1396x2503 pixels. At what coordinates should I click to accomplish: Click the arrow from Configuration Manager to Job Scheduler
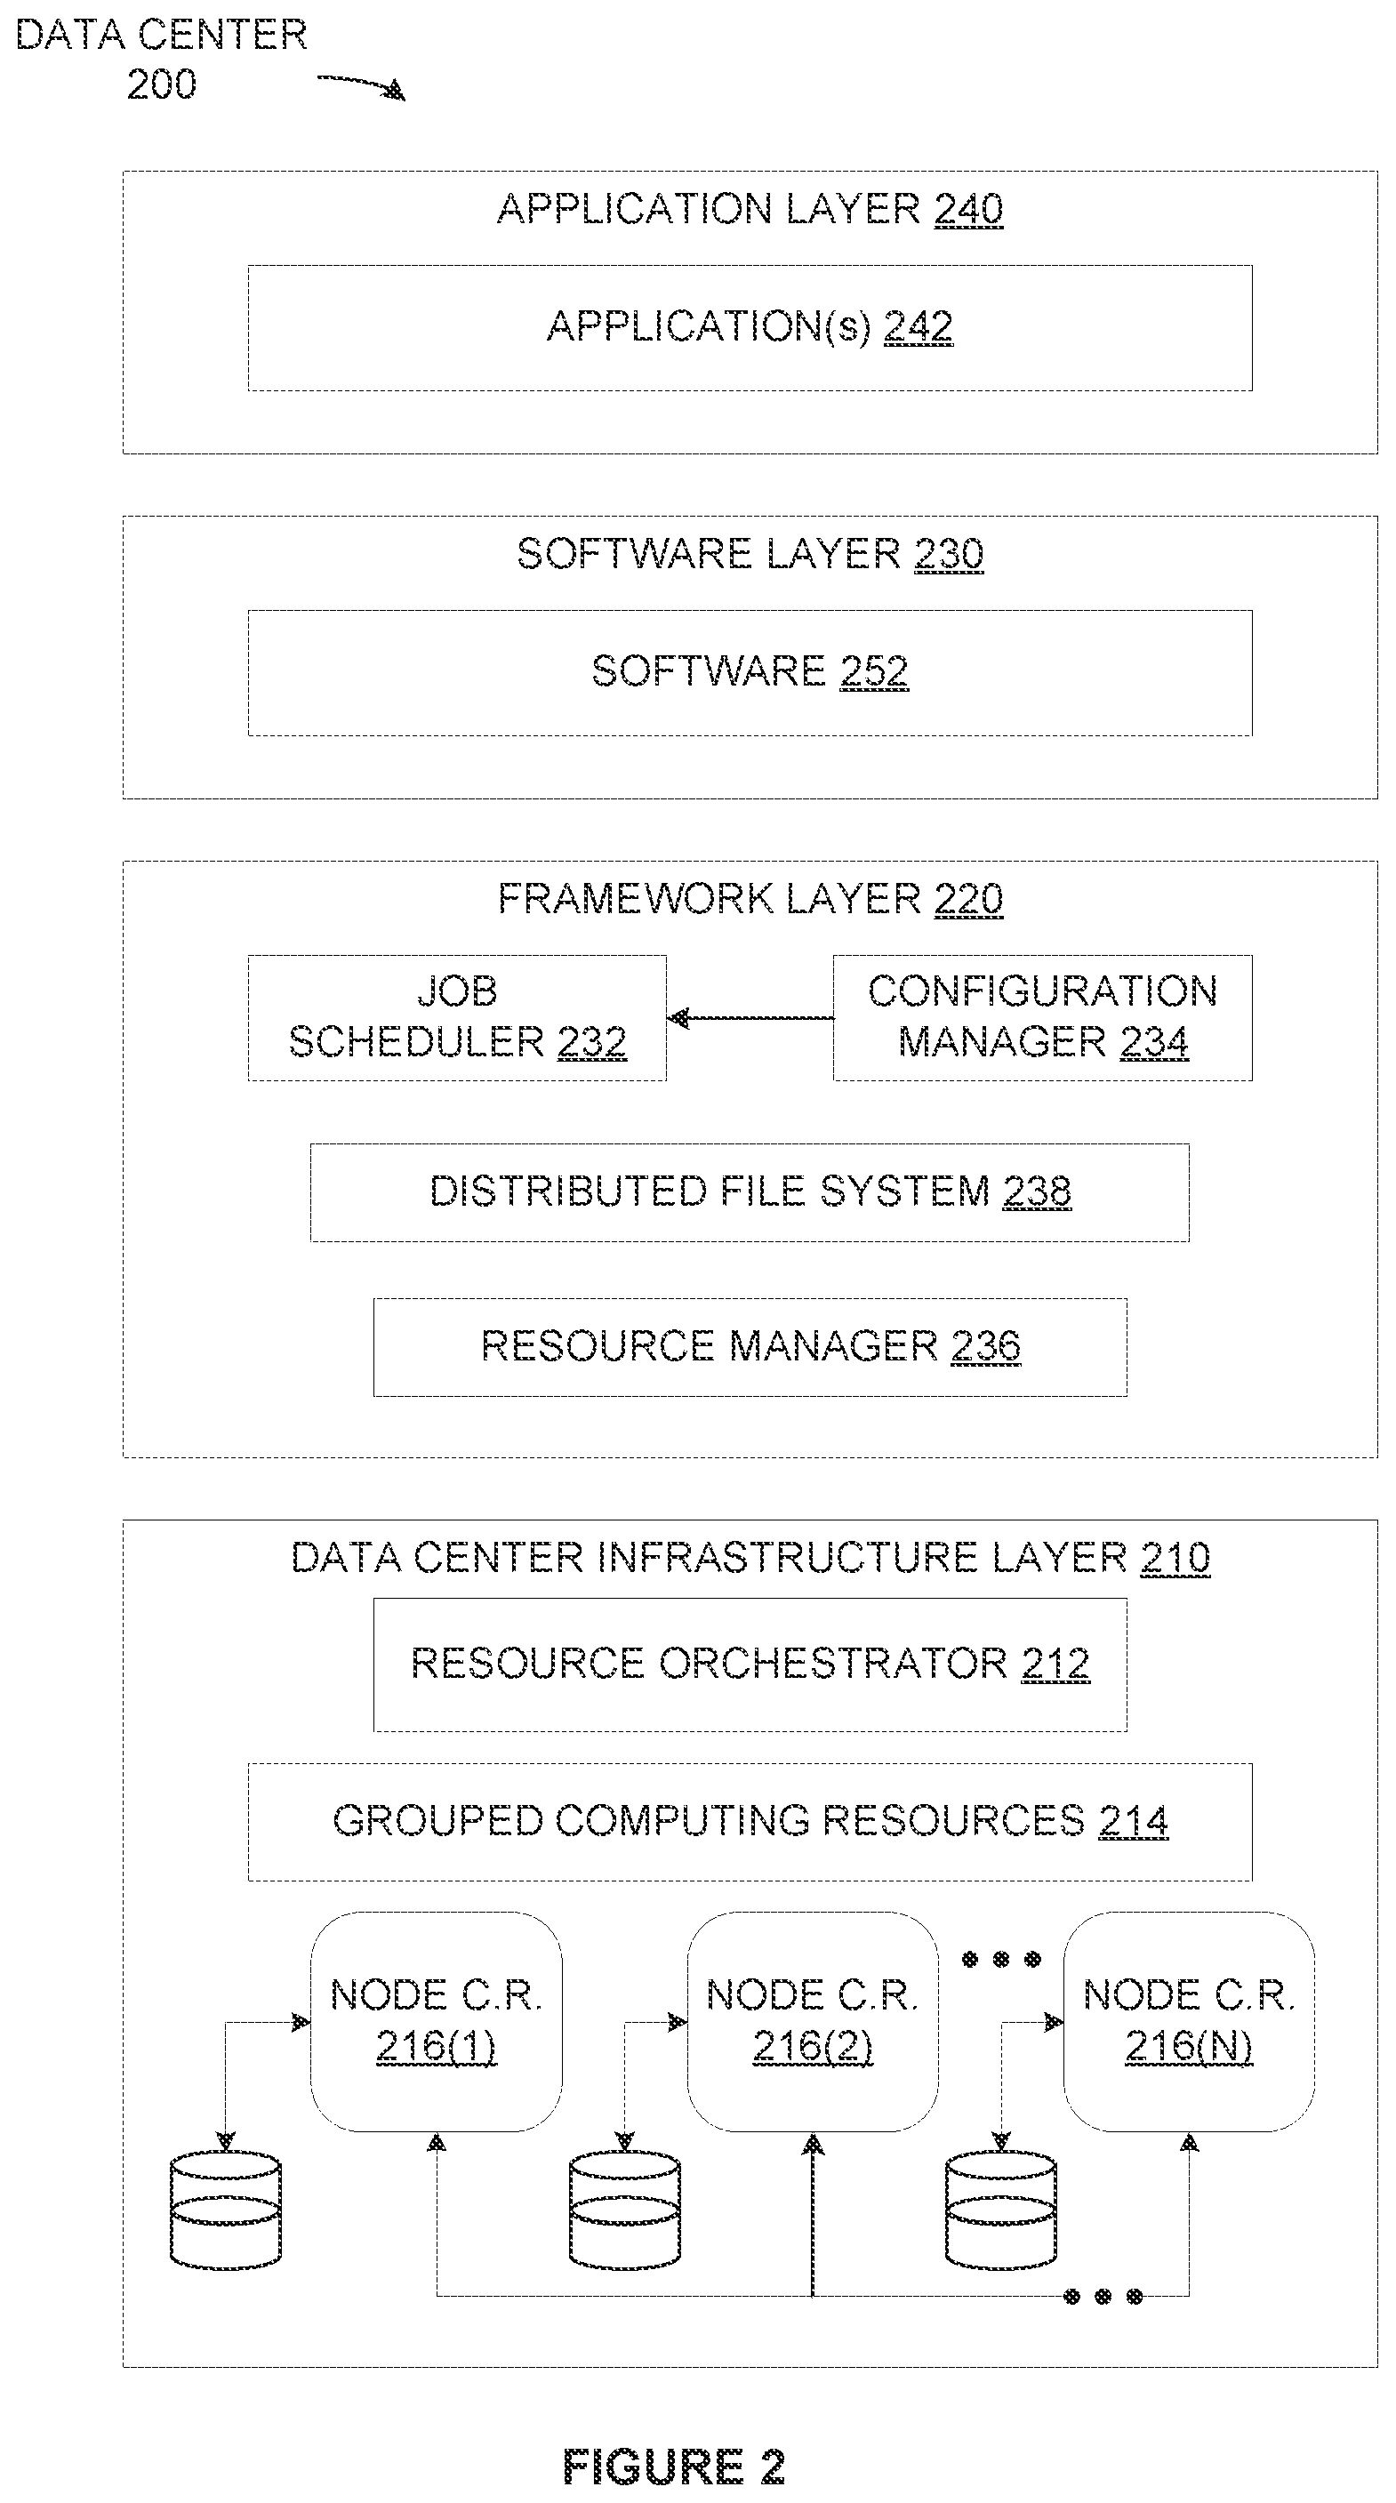750,1018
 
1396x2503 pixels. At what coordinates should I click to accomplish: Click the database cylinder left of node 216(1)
225,2210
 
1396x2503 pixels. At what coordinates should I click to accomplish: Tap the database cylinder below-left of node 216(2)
625,2210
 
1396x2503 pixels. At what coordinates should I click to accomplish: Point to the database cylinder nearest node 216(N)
1000,2210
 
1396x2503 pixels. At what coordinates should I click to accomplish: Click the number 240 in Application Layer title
968,209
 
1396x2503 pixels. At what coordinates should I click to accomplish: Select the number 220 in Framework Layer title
968,899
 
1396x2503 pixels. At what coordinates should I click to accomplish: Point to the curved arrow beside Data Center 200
361,85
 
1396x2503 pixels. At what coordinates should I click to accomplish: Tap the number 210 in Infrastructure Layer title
1175,1558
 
